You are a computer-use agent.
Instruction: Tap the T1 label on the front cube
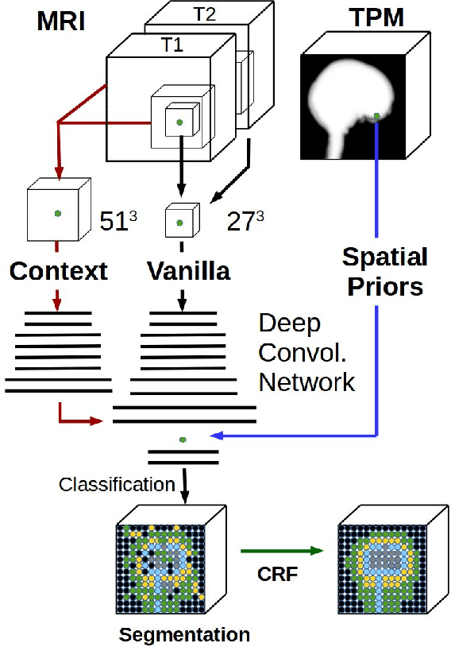point(172,45)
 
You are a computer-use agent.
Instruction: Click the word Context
point(58,271)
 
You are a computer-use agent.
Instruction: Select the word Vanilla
point(188,271)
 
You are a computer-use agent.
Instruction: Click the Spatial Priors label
point(384,271)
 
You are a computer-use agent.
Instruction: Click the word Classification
point(117,483)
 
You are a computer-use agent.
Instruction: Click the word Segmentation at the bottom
point(184,634)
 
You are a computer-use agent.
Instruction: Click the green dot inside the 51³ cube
point(57,213)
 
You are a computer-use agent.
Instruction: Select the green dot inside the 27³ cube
point(180,223)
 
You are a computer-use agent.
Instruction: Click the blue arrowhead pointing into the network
point(216,436)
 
